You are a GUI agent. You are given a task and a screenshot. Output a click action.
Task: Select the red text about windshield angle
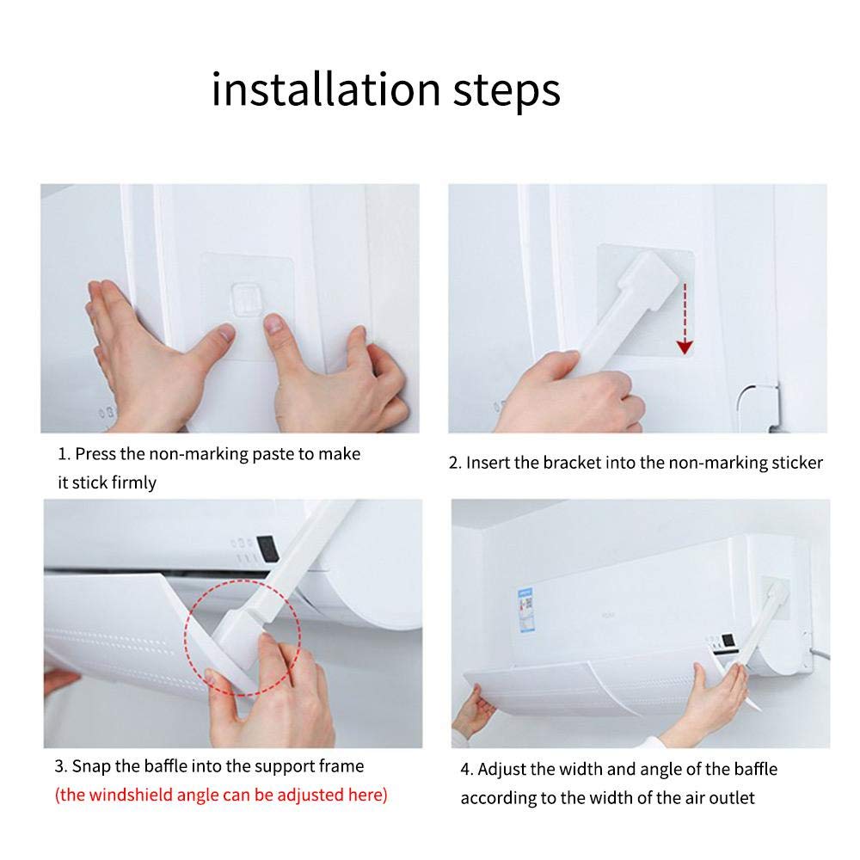(221, 794)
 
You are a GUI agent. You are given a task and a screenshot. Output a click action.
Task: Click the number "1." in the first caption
(64, 454)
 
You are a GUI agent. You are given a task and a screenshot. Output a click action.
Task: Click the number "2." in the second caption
(455, 463)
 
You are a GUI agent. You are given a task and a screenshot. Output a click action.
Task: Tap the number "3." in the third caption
(61, 766)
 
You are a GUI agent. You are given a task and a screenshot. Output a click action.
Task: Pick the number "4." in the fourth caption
(466, 769)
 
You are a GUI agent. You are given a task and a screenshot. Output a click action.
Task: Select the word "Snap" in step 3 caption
(90, 766)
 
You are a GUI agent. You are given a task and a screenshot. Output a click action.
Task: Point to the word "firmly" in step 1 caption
(133, 482)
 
